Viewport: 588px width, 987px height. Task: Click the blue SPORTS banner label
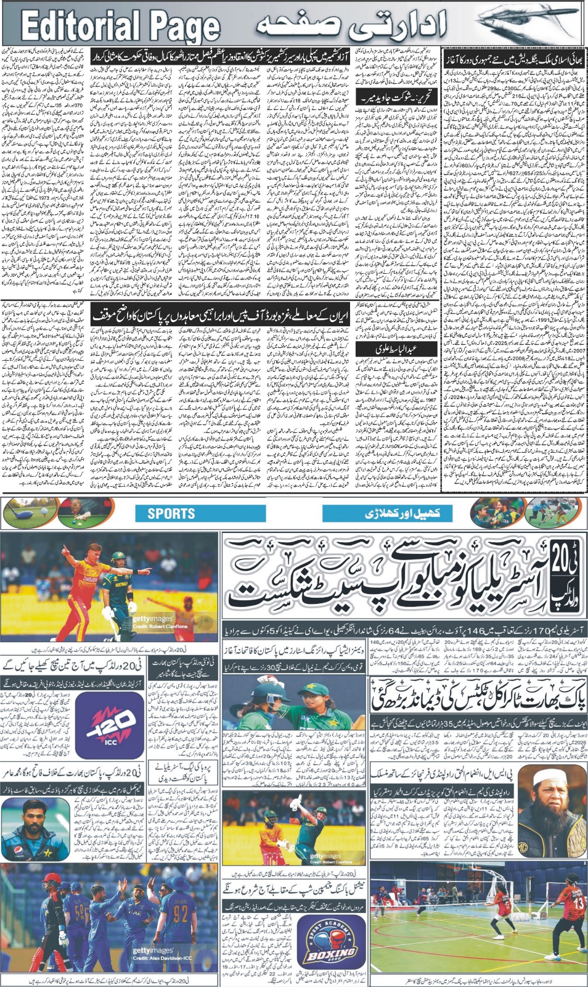(171, 513)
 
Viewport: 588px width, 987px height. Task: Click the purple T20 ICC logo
(108, 724)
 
